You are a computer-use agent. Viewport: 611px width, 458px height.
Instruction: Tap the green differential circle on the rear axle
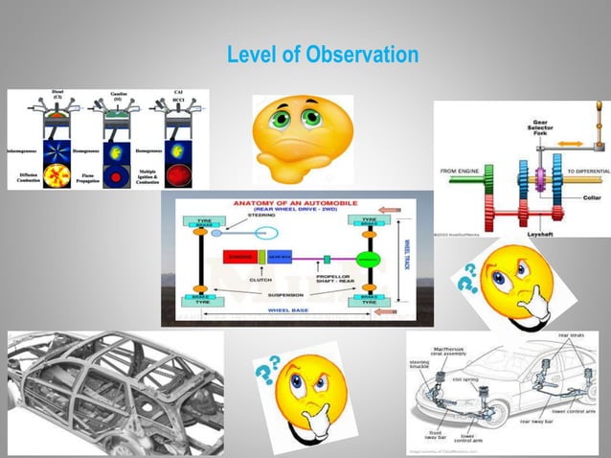click(365, 257)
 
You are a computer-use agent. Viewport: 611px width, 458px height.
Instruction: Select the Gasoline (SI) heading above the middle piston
click(117, 96)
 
